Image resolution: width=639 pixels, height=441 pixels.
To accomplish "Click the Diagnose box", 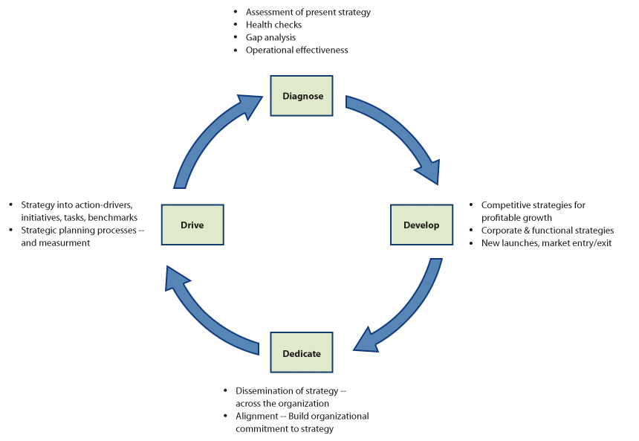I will pyautogui.click(x=302, y=95).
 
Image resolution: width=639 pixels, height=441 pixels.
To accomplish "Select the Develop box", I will pyautogui.click(x=421, y=225).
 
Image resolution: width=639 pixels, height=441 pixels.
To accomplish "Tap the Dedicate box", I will pyautogui.click(x=302, y=353).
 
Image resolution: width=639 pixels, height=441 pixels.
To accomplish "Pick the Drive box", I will pyautogui.click(x=192, y=225).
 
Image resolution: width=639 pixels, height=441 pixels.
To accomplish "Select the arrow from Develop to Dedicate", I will pyautogui.click(x=405, y=312).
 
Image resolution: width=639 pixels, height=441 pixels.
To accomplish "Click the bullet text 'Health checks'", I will pyautogui.click(x=273, y=25).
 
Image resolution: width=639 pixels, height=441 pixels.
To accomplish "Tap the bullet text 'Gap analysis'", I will pyautogui.click(x=270, y=37).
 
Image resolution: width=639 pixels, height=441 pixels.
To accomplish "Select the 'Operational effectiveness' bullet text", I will pyautogui.click(x=296, y=50).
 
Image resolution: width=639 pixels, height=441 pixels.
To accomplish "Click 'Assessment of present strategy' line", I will pyautogui.click(x=308, y=12).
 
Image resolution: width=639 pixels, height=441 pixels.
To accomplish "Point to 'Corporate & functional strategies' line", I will pyautogui.click(x=548, y=231).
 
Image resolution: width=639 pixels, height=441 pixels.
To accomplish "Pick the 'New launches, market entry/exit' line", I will pyautogui.click(x=546, y=243).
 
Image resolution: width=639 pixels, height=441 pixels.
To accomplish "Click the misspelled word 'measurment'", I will pyautogui.click(x=66, y=243).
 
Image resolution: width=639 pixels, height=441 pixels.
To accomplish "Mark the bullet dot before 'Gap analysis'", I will pyautogui.click(x=236, y=37).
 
